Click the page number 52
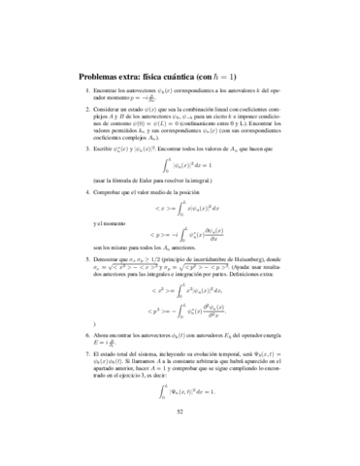[180, 439]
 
